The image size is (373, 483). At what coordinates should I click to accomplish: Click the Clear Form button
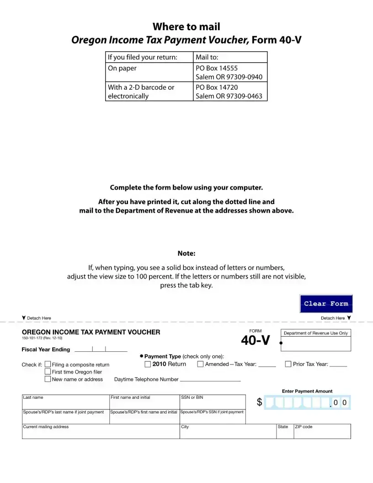(326, 304)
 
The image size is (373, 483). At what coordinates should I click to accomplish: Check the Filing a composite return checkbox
(48, 365)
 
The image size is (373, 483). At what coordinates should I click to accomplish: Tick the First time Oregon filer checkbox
(48, 372)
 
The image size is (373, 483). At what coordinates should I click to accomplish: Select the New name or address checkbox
(48, 379)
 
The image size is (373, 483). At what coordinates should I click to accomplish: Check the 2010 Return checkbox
(148, 365)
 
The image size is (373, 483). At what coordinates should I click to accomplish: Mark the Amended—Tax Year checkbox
(200, 365)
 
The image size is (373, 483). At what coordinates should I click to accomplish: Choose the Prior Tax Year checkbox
(288, 365)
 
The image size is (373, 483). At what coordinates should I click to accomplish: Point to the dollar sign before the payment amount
(260, 402)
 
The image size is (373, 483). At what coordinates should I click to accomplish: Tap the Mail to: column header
(207, 57)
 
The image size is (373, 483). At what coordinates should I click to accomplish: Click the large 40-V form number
(256, 341)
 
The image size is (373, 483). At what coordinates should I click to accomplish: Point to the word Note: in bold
(186, 253)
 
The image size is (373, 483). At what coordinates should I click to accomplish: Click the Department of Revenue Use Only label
(316, 333)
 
